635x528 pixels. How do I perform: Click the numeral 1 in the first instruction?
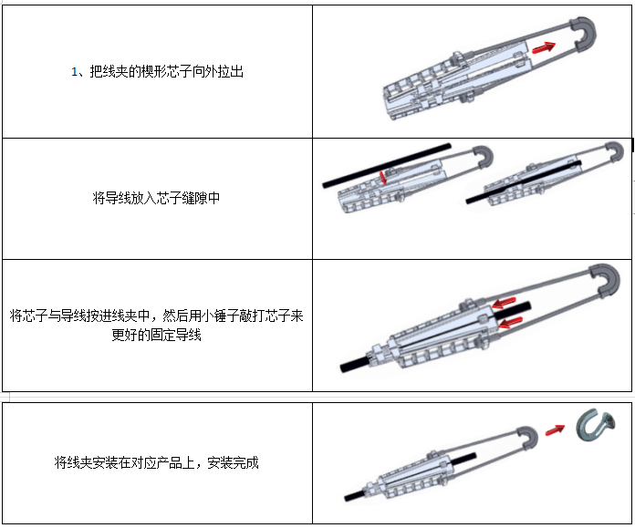tap(74, 72)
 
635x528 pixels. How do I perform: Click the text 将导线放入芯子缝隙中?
tap(156, 198)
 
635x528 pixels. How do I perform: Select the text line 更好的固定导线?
tap(156, 335)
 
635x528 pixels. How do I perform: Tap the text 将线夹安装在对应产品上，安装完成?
tap(156, 462)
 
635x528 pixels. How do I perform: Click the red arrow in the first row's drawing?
tap(543, 47)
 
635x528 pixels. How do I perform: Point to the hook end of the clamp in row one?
tap(584, 34)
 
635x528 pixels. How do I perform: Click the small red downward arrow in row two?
tap(382, 177)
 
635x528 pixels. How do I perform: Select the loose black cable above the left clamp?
tap(387, 165)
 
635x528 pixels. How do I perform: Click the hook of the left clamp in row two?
tap(484, 156)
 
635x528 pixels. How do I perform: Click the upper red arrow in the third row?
tap(504, 303)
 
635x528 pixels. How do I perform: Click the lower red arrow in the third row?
tap(510, 322)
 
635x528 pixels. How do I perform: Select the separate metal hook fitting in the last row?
tap(595, 425)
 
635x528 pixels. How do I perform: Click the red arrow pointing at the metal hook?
tap(555, 430)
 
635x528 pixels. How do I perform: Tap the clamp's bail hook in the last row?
tap(527, 438)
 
